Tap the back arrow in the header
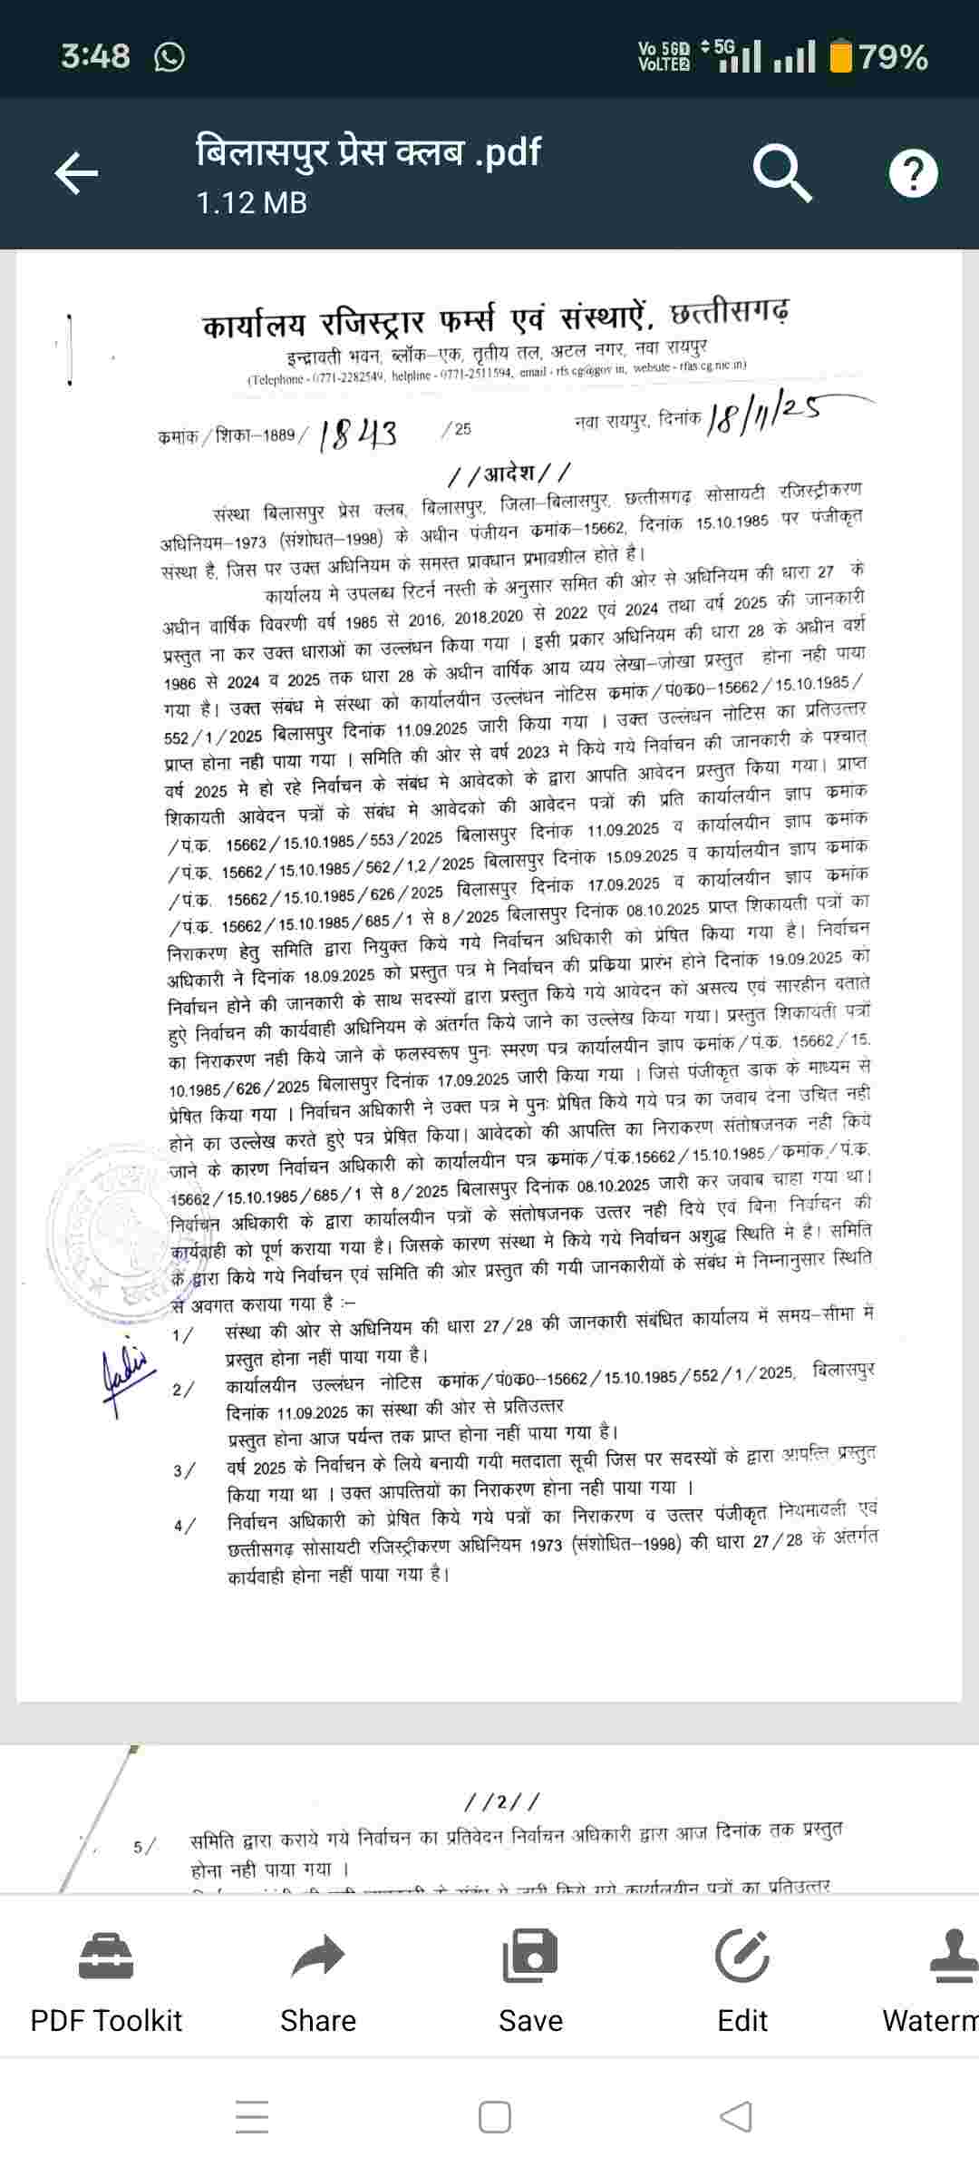pos(76,173)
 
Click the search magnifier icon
pos(782,172)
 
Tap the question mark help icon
pos(913,173)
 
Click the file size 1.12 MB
pos(251,202)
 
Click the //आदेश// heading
pos(510,473)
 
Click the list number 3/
pos(183,1470)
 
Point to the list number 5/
pos(143,1847)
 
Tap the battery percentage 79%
pos(893,57)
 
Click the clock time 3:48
pos(95,56)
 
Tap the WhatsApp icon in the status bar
pos(170,57)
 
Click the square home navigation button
pos(494,2117)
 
